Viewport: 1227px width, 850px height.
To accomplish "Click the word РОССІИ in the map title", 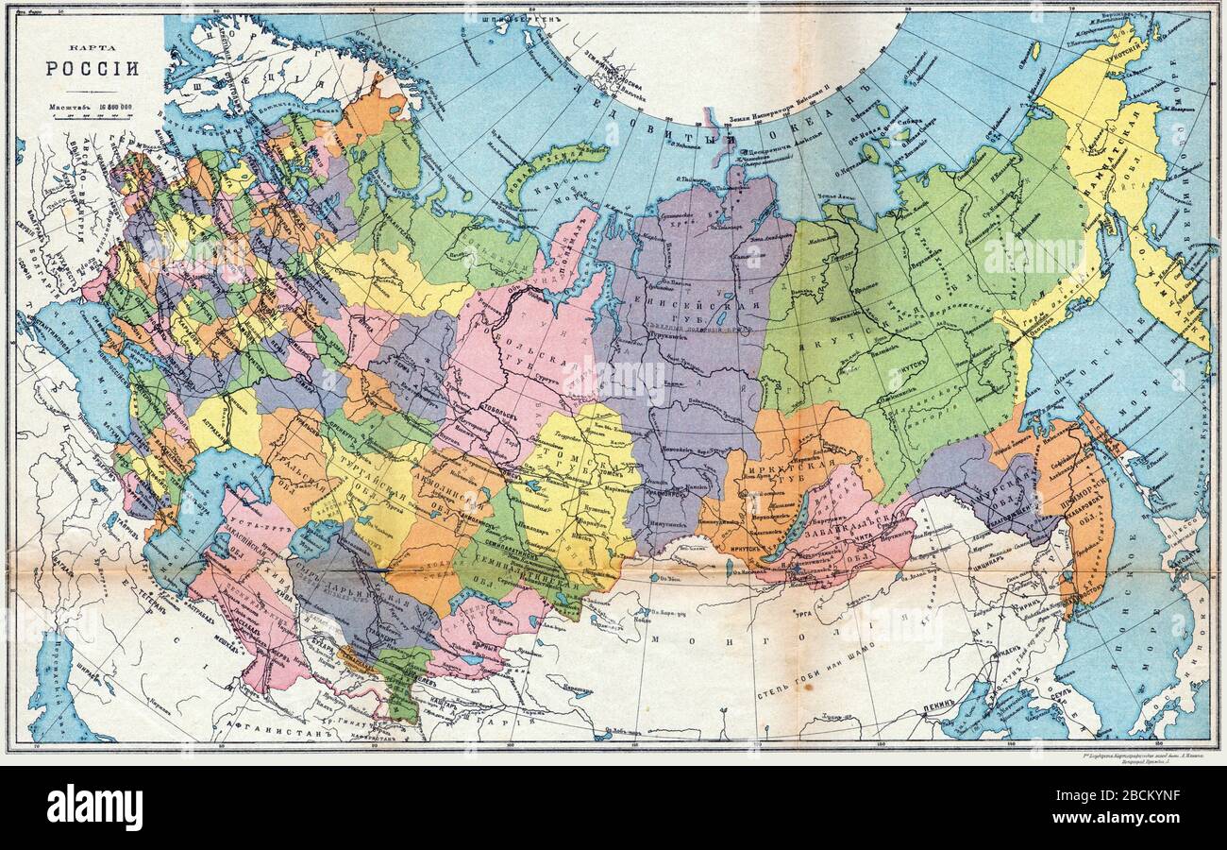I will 92,68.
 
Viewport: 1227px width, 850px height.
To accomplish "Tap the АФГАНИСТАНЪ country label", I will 273,728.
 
